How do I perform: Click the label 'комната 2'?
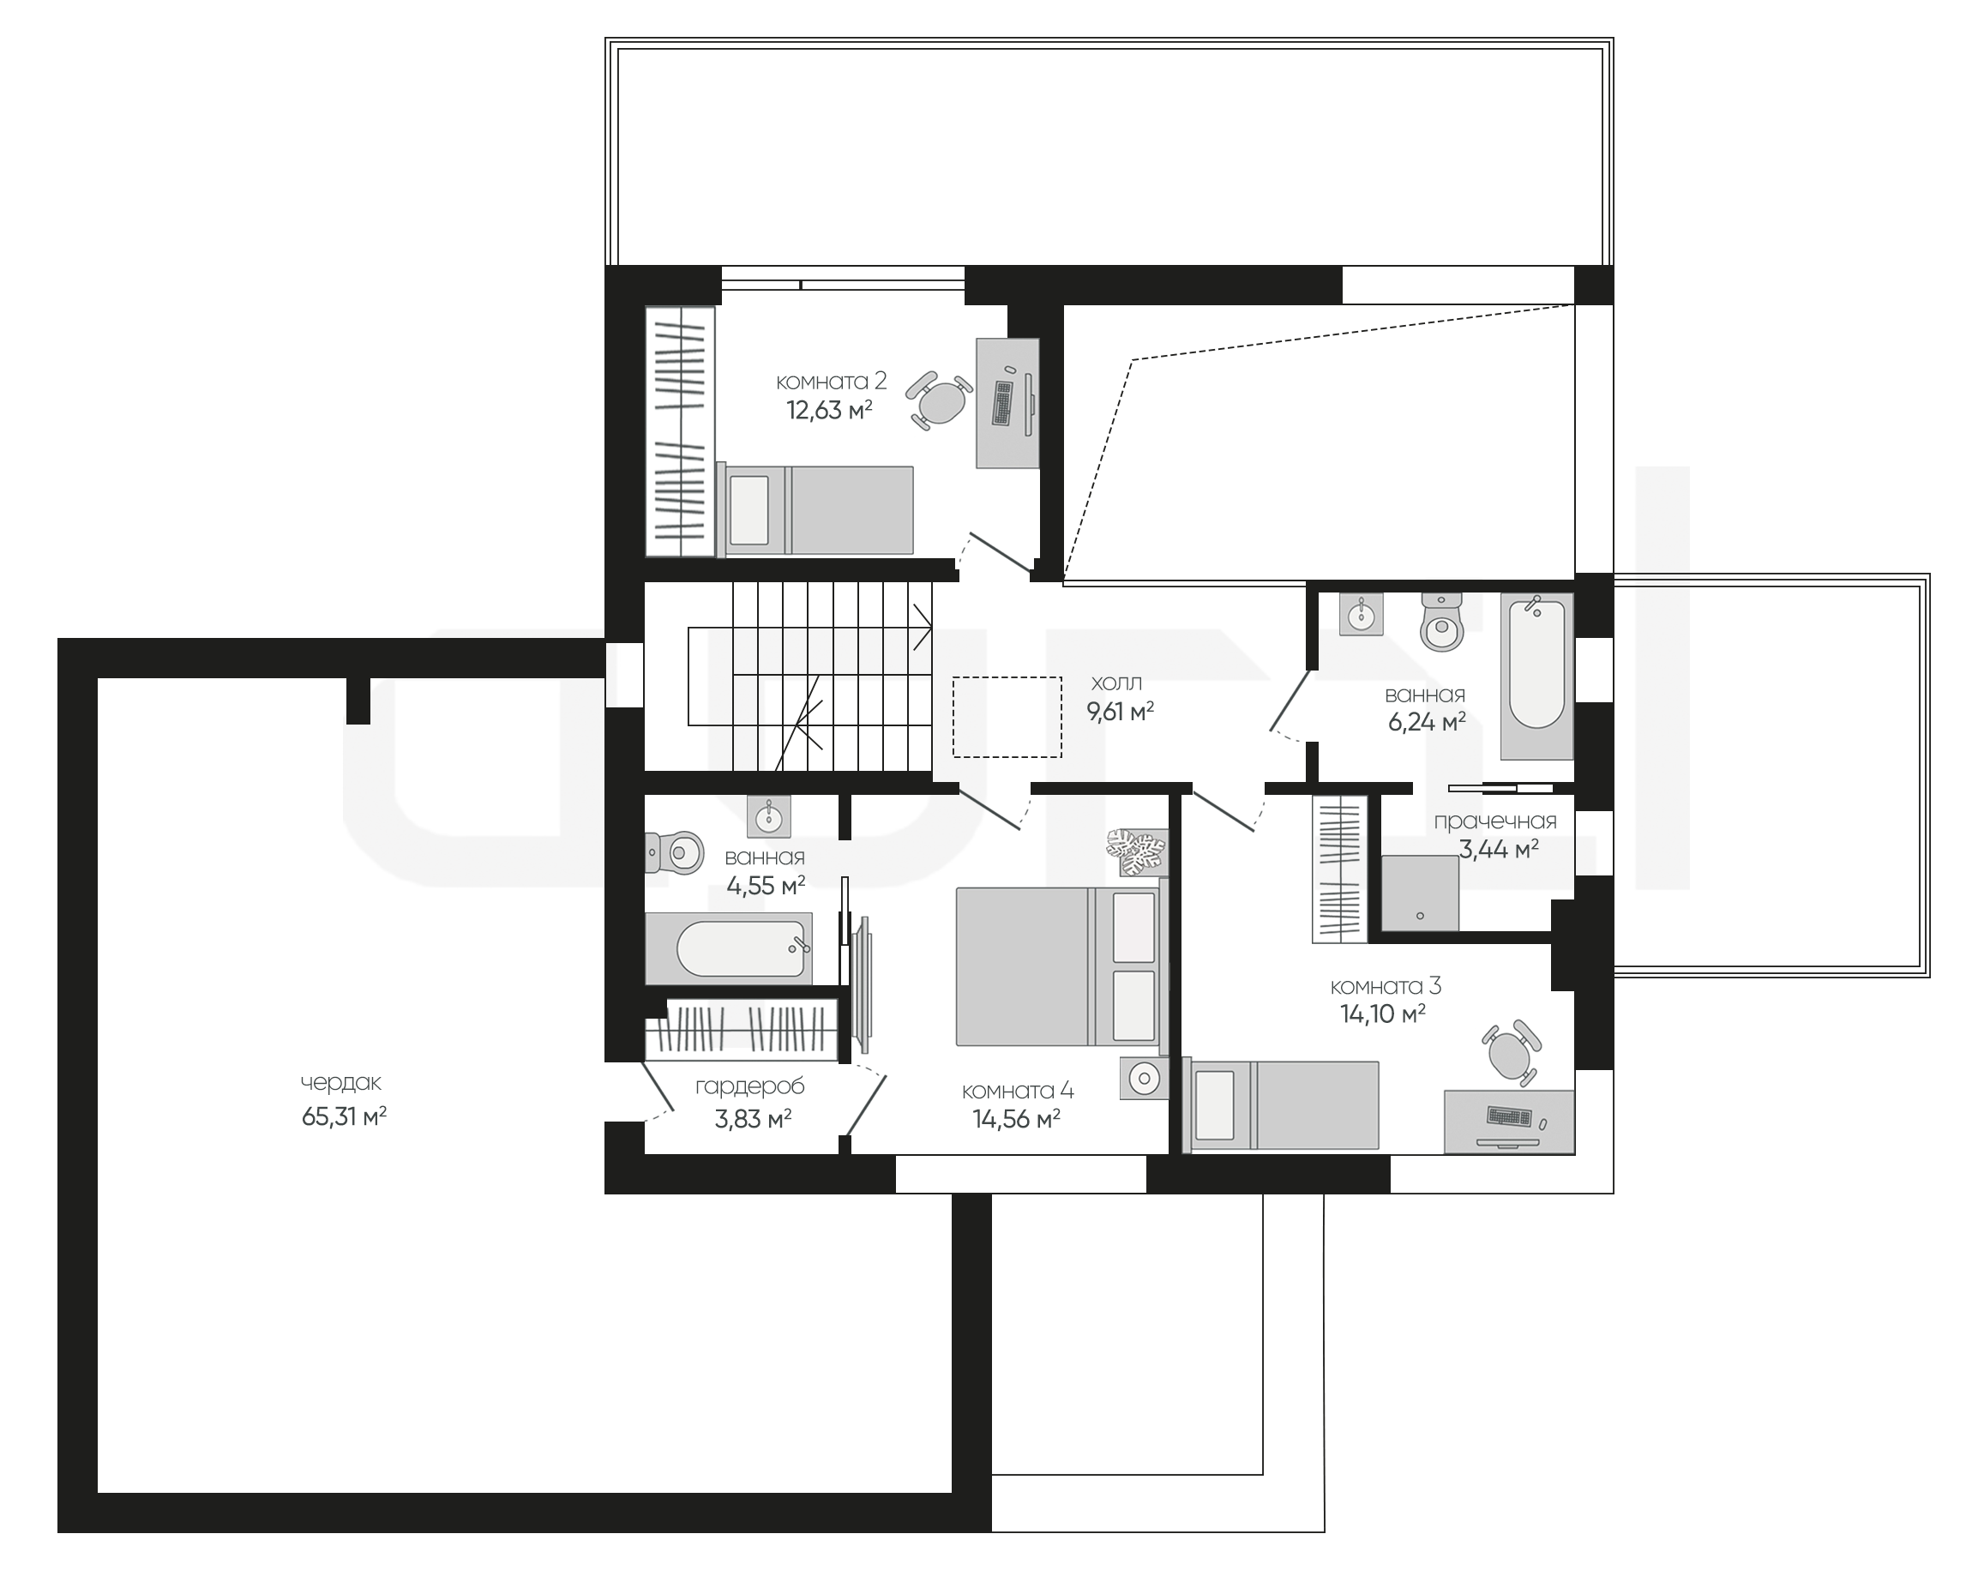[831, 382]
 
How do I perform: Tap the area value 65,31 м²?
[344, 1116]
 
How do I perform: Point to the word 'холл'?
[1117, 683]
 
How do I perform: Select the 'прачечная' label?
[1494, 821]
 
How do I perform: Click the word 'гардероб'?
[750, 1086]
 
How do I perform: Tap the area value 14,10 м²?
[1383, 1014]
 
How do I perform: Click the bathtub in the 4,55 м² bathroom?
[729, 948]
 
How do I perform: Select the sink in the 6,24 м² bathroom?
[1361, 613]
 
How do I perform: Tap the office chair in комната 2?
[940, 400]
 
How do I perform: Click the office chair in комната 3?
[1511, 1053]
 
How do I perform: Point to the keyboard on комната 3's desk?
[1509, 1116]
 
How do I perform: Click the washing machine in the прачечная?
[1420, 893]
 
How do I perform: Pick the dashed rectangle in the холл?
[1007, 717]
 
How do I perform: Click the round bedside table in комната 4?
[1143, 1079]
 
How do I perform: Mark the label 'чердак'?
[341, 1083]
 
